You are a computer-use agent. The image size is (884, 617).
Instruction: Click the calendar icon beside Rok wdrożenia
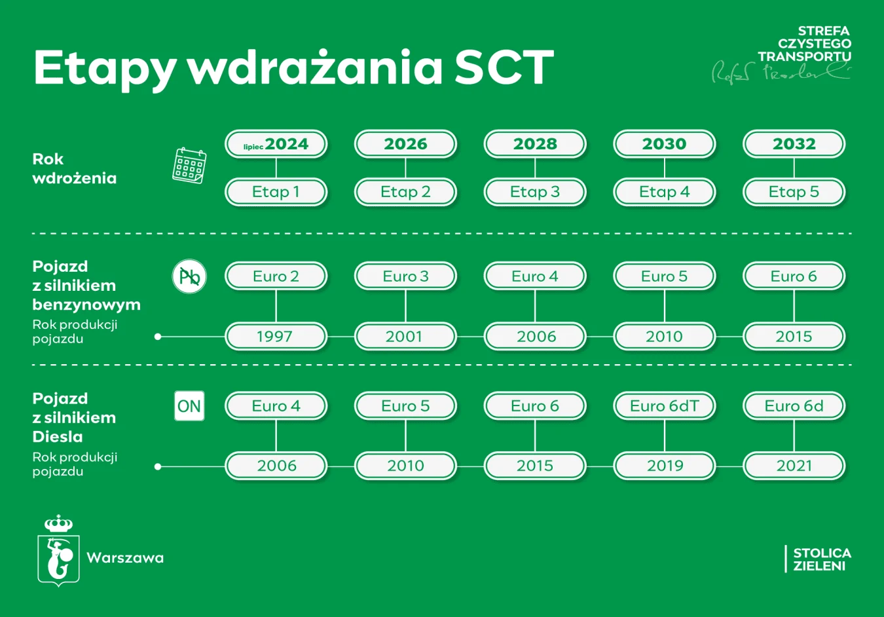pyautogui.click(x=189, y=165)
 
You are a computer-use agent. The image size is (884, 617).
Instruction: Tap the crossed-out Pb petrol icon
pyautogui.click(x=189, y=276)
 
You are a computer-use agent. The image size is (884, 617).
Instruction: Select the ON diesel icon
pyautogui.click(x=189, y=406)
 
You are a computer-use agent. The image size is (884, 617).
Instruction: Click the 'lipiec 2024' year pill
pyautogui.click(x=276, y=144)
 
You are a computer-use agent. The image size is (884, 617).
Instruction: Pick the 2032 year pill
pyautogui.click(x=794, y=144)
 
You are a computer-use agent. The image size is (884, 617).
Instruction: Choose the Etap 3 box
pyautogui.click(x=534, y=192)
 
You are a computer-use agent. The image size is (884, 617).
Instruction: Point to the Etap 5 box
pyautogui.click(x=794, y=192)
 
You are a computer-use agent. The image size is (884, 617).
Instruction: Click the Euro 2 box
pyautogui.click(x=276, y=276)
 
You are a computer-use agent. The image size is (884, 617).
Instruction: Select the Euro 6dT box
pyautogui.click(x=664, y=406)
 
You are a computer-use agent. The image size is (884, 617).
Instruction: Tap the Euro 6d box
pyautogui.click(x=794, y=406)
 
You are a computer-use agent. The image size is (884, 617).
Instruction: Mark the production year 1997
pyautogui.click(x=276, y=337)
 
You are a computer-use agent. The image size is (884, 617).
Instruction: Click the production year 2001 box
pyautogui.click(x=405, y=337)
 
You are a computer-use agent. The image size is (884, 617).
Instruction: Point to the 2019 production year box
pyautogui.click(x=664, y=466)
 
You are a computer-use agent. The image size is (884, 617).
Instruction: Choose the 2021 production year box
pyautogui.click(x=794, y=466)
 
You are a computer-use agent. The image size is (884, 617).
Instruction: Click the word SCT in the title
pyautogui.click(x=504, y=67)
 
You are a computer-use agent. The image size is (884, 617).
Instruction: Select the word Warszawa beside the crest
pyautogui.click(x=125, y=558)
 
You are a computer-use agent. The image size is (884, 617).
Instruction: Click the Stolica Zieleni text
pyautogui.click(x=821, y=559)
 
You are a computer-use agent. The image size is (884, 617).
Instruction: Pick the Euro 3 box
pyautogui.click(x=405, y=276)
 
